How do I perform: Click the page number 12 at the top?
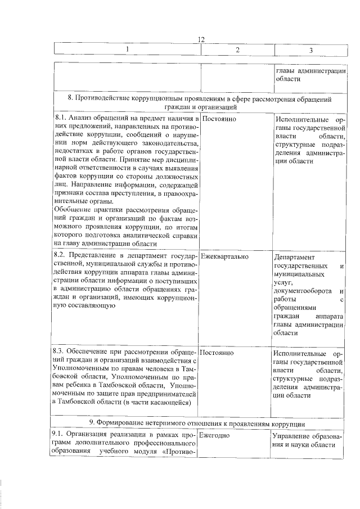tap(201, 39)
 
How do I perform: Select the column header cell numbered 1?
tap(127, 50)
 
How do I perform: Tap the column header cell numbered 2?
tap(237, 50)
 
